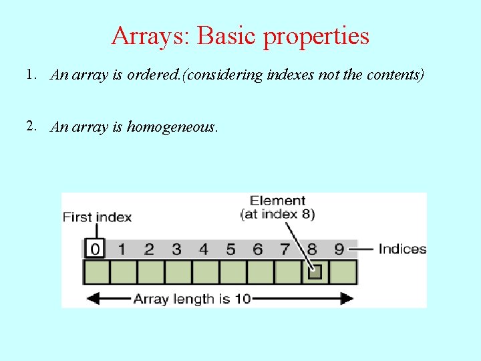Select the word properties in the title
(316, 37)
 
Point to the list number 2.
(31, 126)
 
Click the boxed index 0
(95, 249)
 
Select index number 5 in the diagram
(230, 249)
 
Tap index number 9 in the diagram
(339, 249)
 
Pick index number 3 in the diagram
(176, 249)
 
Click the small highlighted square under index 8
(315, 272)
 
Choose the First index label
(97, 217)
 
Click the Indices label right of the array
(402, 249)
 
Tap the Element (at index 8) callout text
(277, 207)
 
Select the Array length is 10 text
(192, 299)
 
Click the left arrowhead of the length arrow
(90, 299)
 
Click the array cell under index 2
(150, 272)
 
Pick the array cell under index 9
(343, 272)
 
